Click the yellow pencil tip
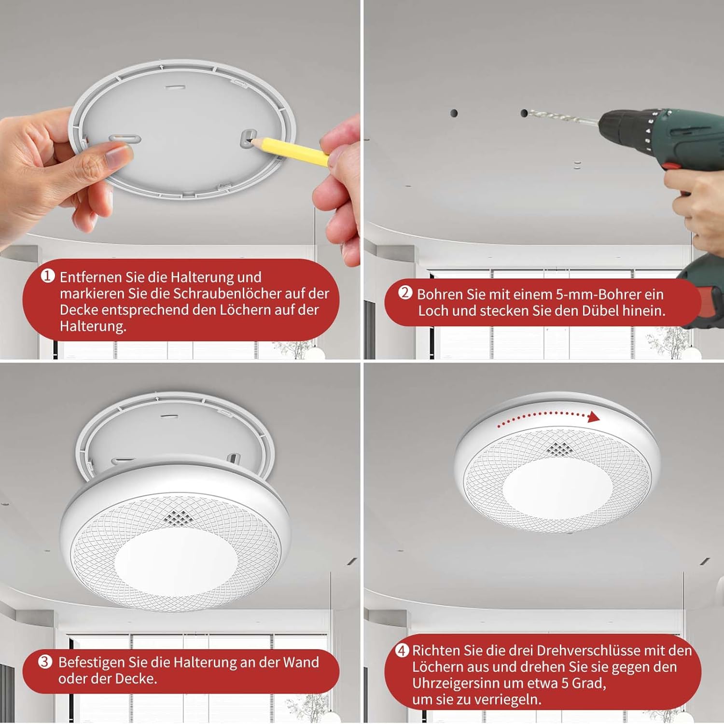[249, 141]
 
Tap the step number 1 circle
[47, 277]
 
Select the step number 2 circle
[405, 293]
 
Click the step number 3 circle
[45, 662]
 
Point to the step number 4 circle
[402, 651]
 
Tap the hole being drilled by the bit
[524, 113]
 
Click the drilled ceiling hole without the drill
[454, 113]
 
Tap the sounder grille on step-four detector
[559, 448]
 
